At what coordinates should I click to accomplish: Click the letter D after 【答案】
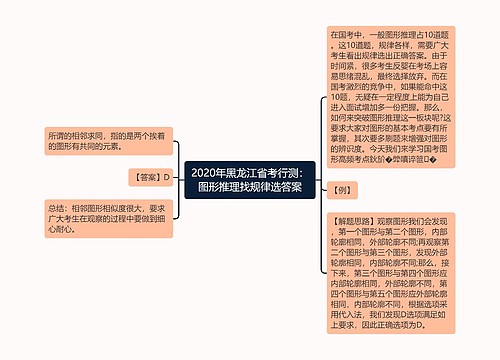point(167,176)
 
